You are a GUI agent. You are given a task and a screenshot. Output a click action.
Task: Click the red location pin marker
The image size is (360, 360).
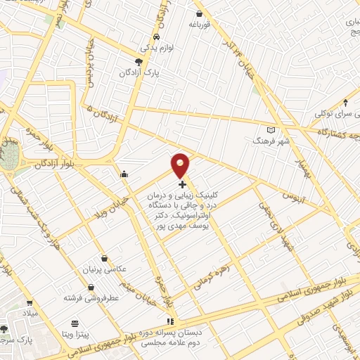point(181,165)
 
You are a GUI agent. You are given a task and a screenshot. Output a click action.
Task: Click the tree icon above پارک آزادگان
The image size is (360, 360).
point(139,62)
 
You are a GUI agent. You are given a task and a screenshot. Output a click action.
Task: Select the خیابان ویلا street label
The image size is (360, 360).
point(110,188)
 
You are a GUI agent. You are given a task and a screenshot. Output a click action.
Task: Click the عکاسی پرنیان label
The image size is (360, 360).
point(105,269)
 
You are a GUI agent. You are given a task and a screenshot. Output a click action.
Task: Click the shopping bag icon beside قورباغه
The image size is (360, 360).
point(200,13)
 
